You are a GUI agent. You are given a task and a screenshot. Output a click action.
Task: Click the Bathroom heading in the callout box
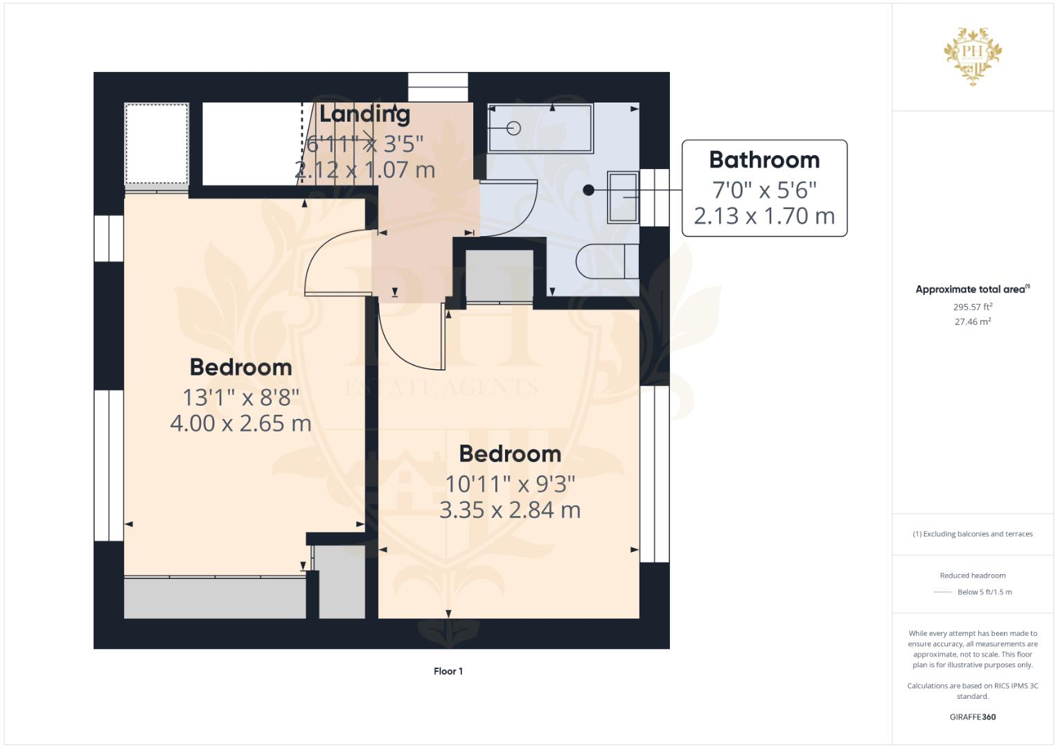(764, 160)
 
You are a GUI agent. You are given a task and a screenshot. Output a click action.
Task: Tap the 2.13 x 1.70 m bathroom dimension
(764, 216)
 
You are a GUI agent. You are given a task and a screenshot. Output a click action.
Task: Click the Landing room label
(364, 114)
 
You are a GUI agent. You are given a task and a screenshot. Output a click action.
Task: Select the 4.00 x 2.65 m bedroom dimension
(240, 423)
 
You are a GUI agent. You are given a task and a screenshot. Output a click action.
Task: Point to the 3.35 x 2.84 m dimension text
(510, 510)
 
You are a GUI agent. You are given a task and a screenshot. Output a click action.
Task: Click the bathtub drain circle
(513, 128)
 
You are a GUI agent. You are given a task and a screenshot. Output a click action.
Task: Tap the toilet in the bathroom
(608, 261)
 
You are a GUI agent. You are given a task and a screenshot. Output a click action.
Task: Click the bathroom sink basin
(622, 197)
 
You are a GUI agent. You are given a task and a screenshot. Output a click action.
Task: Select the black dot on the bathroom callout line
(588, 190)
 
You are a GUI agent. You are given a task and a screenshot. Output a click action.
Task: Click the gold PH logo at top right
(973, 55)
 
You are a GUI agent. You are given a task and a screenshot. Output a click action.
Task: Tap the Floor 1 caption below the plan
(448, 671)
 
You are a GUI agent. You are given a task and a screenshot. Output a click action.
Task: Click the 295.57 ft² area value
(972, 307)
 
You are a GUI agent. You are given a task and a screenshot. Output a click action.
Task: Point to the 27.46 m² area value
(972, 321)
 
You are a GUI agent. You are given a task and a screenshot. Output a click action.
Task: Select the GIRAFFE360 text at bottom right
(972, 717)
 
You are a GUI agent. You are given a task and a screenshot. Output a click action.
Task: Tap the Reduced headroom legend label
(972, 576)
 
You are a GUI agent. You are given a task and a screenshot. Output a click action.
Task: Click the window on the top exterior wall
(438, 87)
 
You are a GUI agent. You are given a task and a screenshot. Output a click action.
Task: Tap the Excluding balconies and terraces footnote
(972, 534)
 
